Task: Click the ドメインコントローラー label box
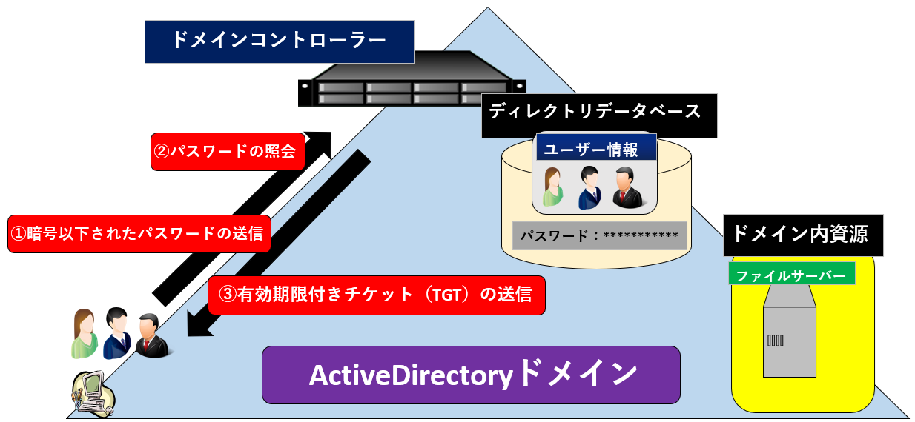pyautogui.click(x=279, y=41)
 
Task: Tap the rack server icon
pyautogui.click(x=412, y=80)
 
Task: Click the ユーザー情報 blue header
pyautogui.click(x=597, y=149)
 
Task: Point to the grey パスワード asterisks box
pyautogui.click(x=599, y=235)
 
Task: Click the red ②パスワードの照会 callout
pyautogui.click(x=228, y=152)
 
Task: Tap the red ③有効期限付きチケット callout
pyautogui.click(x=376, y=295)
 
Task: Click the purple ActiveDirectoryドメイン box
pyautogui.click(x=471, y=375)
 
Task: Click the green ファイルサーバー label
pyautogui.click(x=791, y=275)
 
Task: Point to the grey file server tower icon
pyautogui.click(x=790, y=333)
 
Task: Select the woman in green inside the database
pyautogui.click(x=553, y=187)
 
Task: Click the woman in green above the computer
pyautogui.click(x=85, y=334)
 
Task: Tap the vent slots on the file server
pyautogui.click(x=775, y=341)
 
